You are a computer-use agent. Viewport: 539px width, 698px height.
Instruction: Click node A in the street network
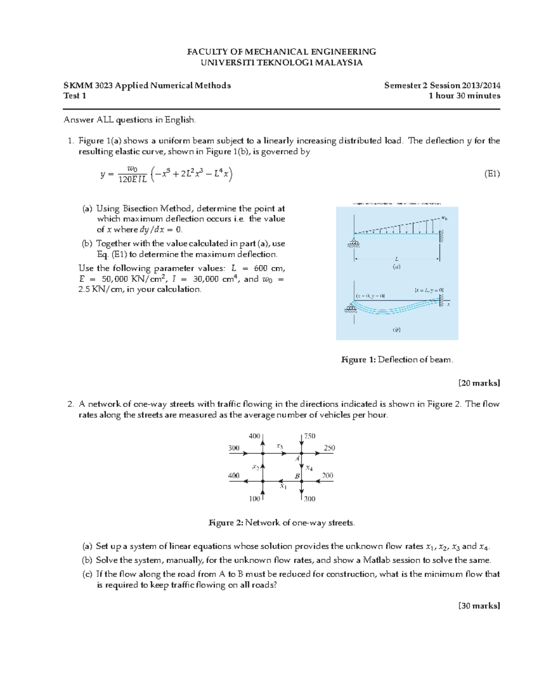click(x=301, y=453)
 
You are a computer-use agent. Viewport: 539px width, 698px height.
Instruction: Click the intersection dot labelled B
click(x=301, y=481)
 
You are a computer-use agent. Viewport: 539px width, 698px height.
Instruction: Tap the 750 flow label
click(x=310, y=436)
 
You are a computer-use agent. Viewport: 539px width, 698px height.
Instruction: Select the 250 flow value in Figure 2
click(x=329, y=448)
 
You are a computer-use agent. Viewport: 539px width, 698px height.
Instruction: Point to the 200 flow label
click(x=327, y=476)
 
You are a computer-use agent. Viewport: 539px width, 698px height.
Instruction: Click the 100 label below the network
click(x=254, y=499)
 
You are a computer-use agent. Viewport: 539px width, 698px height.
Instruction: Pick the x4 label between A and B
click(x=309, y=468)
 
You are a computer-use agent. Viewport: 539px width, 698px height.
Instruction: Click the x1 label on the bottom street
click(x=283, y=486)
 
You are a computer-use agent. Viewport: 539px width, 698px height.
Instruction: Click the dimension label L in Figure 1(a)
click(x=397, y=259)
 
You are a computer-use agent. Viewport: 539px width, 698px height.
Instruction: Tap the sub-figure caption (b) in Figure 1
click(x=397, y=329)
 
